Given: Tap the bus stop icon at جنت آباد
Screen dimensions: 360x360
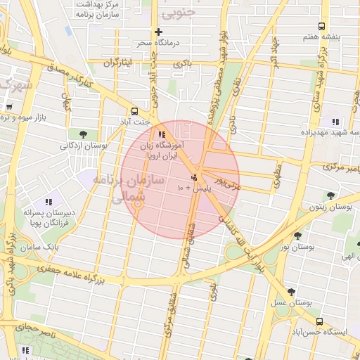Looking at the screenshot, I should [134, 110].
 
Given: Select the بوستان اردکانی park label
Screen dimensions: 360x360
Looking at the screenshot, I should [84, 146].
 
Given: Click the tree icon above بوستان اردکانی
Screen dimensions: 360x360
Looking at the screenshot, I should [84, 133].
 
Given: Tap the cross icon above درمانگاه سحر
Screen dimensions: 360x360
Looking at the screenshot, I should [158, 32].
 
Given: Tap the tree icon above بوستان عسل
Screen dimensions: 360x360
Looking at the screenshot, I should [290, 292].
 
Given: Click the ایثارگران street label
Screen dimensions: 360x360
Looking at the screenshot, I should [118, 63].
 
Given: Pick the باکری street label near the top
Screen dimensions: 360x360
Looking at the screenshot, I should [184, 64].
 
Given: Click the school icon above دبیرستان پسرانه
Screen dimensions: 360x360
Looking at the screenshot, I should [49, 202].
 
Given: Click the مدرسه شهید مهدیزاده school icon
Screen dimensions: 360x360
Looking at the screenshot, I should [335, 122].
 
